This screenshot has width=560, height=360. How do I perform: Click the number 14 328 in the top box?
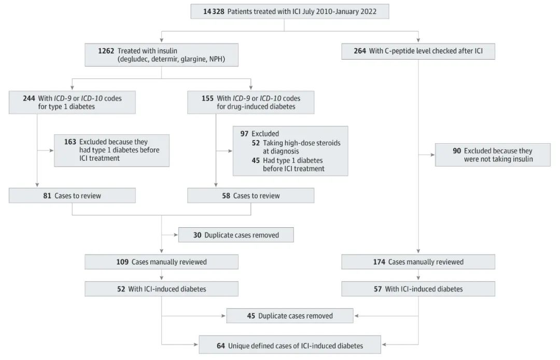[x=214, y=11]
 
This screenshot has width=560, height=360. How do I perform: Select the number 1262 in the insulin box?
[x=106, y=51]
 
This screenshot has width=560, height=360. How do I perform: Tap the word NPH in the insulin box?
[x=216, y=59]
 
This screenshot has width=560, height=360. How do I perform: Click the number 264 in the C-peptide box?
[x=360, y=51]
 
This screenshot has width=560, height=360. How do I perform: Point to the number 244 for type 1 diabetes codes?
[x=29, y=98]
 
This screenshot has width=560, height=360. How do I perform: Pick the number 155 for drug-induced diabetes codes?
[x=207, y=98]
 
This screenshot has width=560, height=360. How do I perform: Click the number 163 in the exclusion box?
[x=70, y=142]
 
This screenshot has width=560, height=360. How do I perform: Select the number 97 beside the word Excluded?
[x=244, y=133]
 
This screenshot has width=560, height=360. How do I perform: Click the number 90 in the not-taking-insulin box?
[x=457, y=151]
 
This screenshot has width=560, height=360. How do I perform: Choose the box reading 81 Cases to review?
[x=72, y=196]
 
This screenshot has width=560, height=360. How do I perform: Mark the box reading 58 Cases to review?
[x=251, y=196]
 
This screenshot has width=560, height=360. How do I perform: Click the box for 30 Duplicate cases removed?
[x=236, y=235]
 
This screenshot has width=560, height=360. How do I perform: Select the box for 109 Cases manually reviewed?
[x=161, y=262]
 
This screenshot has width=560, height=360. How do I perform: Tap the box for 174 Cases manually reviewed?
[x=418, y=262]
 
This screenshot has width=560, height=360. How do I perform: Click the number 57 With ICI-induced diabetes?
[x=378, y=289]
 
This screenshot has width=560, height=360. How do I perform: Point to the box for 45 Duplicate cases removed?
[x=290, y=316]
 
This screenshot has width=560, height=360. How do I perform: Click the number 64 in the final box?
[x=221, y=345]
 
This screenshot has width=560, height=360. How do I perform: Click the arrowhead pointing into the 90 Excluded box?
[x=432, y=155]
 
